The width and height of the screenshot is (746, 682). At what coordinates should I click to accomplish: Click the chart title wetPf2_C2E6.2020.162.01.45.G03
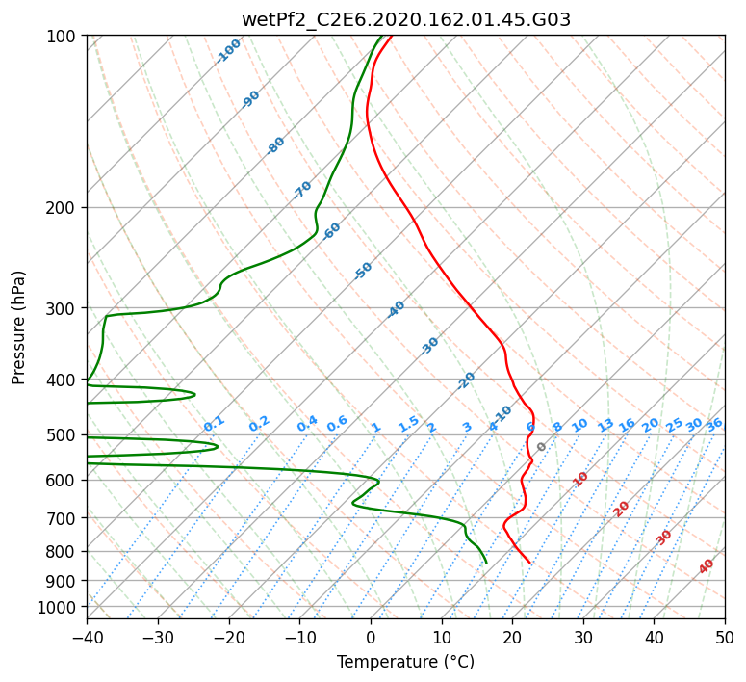pyautogui.click(x=406, y=20)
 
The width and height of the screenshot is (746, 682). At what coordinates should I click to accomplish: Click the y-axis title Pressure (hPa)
pyautogui.click(x=18, y=328)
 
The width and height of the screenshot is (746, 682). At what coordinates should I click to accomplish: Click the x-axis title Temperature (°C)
pyautogui.click(x=406, y=662)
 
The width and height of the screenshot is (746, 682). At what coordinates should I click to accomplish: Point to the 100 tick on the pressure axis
pyautogui.click(x=64, y=37)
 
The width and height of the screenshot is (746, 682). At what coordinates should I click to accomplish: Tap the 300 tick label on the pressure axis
pyautogui.click(x=64, y=308)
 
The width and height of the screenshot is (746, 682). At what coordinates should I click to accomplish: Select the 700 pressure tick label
pyautogui.click(x=64, y=518)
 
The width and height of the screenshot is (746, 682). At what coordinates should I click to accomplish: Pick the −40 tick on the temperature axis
pyautogui.click(x=87, y=637)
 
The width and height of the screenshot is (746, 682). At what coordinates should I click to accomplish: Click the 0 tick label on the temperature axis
pyautogui.click(x=371, y=637)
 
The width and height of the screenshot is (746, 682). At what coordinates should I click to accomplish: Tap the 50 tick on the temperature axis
pyautogui.click(x=725, y=637)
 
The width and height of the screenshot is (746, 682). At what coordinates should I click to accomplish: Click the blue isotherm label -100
pyautogui.click(x=228, y=51)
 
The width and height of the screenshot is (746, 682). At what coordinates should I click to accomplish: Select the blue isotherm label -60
pyautogui.click(x=331, y=231)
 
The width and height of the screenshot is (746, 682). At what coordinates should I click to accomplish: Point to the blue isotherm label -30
pyautogui.click(x=429, y=346)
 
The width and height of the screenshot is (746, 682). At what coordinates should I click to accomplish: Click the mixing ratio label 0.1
pyautogui.click(x=214, y=424)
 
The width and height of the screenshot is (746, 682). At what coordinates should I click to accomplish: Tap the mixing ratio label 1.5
pyautogui.click(x=409, y=424)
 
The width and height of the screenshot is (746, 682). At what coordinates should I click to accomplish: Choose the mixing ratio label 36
pyautogui.click(x=714, y=425)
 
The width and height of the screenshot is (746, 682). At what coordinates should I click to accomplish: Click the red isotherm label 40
pyautogui.click(x=707, y=566)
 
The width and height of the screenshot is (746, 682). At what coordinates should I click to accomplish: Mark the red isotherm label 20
pyautogui.click(x=621, y=510)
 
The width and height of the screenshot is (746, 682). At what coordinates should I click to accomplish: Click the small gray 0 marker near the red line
pyautogui.click(x=541, y=447)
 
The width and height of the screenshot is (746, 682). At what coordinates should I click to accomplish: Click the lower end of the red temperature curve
pyautogui.click(x=530, y=563)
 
